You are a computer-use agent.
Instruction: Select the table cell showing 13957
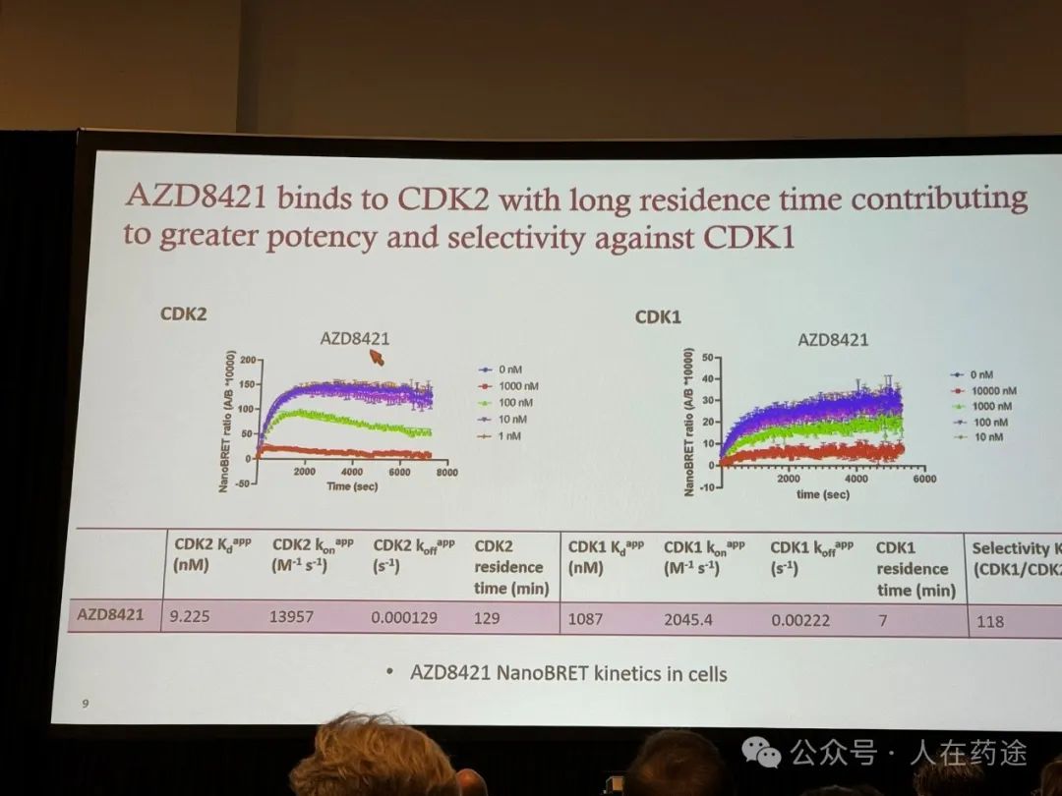(x=293, y=618)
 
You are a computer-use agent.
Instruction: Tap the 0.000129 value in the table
(x=404, y=619)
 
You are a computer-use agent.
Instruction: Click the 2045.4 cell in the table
(x=689, y=620)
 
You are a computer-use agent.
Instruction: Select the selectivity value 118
(x=990, y=621)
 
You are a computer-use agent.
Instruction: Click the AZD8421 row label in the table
(x=111, y=617)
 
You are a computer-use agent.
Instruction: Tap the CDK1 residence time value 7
(x=885, y=620)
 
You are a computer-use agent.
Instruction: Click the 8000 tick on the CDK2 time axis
(x=446, y=474)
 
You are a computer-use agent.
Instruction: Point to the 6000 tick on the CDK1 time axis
(x=923, y=479)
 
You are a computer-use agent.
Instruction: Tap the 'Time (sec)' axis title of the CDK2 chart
(x=353, y=486)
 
